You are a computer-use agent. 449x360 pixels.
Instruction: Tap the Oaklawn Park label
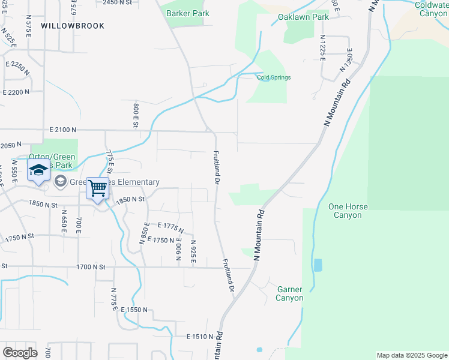coord(306,17)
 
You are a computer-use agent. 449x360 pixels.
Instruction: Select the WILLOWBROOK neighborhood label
coord(73,26)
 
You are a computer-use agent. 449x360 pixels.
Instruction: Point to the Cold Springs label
coord(274,77)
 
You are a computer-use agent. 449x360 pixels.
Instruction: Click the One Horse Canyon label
coord(348,211)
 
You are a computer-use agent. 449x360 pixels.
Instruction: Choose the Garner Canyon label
coord(290,293)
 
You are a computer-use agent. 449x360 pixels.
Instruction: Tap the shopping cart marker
coord(97,188)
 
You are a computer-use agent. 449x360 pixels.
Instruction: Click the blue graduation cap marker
coord(38,170)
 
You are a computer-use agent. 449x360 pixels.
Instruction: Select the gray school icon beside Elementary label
coord(60,181)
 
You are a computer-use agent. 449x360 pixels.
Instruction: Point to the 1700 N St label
coord(91,266)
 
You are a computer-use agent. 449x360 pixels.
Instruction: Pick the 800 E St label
coord(136,115)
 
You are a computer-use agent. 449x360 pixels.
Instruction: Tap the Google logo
coord(20,353)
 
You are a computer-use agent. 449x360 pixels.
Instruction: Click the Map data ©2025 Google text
coord(412,355)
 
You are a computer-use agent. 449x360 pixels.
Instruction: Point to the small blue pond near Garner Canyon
coord(318,265)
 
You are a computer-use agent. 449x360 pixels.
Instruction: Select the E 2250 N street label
coord(18,67)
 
